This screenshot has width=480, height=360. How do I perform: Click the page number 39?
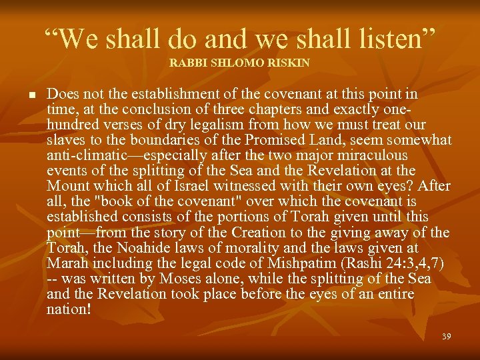(446, 336)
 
